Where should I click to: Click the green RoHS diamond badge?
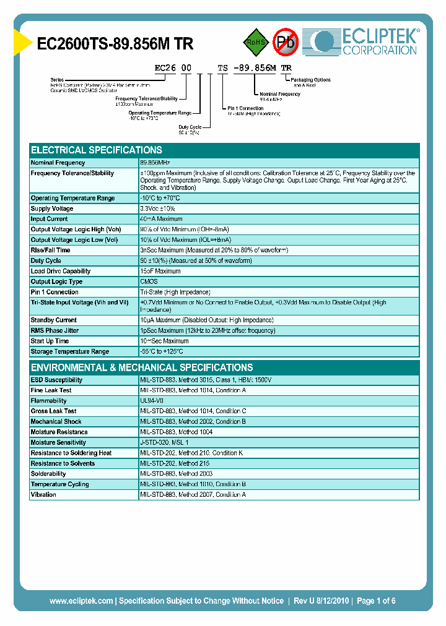(255, 42)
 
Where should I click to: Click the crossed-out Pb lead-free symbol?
(286, 42)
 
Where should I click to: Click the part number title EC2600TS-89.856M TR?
(115, 44)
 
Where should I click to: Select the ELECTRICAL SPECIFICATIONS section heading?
(97, 150)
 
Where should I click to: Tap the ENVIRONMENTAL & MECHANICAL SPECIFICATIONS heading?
(142, 367)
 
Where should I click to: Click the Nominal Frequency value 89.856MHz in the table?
(155, 163)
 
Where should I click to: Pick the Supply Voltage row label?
(52, 209)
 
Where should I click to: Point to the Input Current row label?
(50, 219)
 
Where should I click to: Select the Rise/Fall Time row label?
(50, 251)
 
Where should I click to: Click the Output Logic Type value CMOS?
(149, 282)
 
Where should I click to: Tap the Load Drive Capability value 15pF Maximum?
(160, 272)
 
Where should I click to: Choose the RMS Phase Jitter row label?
(55, 331)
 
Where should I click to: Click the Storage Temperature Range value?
(162, 352)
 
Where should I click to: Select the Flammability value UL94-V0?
(152, 401)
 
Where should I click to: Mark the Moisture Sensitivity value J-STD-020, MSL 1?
(164, 443)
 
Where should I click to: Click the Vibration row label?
(43, 495)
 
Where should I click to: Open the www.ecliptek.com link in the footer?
(81, 601)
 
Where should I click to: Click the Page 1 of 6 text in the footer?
(376, 601)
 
